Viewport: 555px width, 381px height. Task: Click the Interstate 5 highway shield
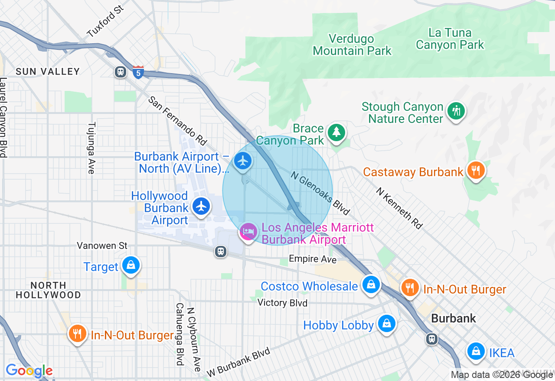[x=138, y=72]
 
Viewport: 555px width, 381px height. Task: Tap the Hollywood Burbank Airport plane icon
[x=201, y=206]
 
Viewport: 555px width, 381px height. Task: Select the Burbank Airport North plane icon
[x=243, y=161]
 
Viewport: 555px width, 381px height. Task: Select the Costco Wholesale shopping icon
[x=371, y=284]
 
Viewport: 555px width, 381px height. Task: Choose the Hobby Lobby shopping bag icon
[x=386, y=323]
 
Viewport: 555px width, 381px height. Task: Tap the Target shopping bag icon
[x=131, y=265]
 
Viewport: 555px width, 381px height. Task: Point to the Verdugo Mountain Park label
[x=352, y=45]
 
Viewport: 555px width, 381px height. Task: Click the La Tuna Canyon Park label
[x=450, y=39]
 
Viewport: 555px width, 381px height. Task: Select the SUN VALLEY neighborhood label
[x=48, y=71]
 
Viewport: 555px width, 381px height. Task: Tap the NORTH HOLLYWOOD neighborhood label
[x=49, y=290]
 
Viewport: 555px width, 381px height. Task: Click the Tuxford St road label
[x=105, y=21]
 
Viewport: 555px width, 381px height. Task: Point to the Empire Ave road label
[x=313, y=259]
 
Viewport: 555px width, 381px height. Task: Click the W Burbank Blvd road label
[x=238, y=362]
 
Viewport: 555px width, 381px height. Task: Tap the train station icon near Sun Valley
[x=121, y=72]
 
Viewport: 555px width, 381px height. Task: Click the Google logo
[x=29, y=371]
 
